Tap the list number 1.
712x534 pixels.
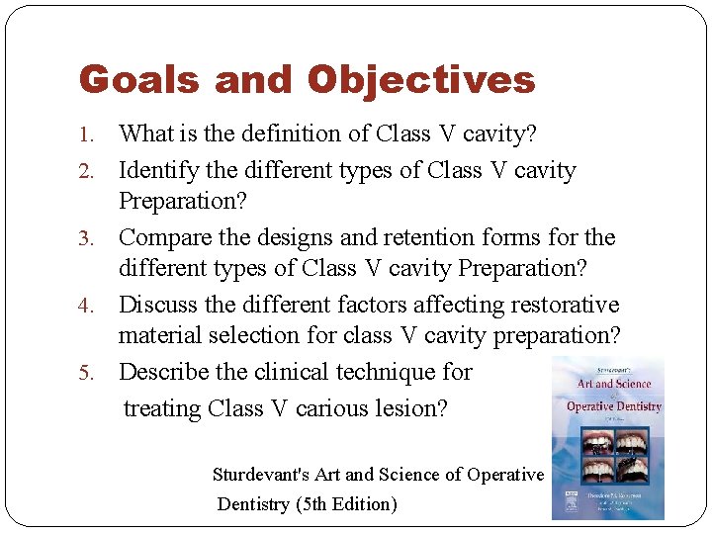coord(86,134)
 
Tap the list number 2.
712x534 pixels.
coord(86,171)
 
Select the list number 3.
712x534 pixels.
coord(86,239)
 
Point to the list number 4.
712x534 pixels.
coord(86,307)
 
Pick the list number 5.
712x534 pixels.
coord(86,374)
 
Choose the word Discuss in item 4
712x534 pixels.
coord(158,305)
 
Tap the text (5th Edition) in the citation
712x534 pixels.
coord(346,504)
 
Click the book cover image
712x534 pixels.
coord(607,438)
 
